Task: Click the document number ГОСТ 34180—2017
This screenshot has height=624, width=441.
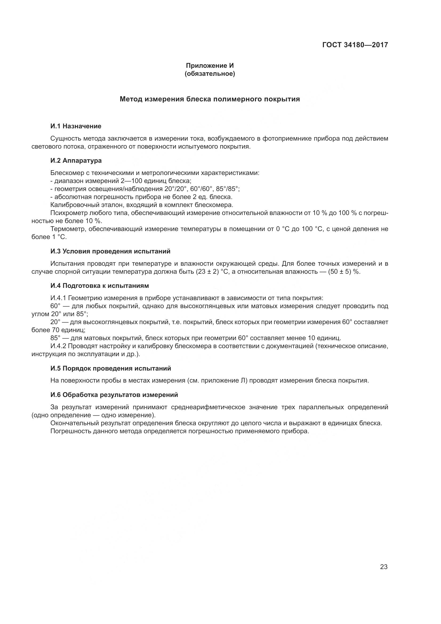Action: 355,45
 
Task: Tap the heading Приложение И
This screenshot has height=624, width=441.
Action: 210,66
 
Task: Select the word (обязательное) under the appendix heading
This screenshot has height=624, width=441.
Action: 210,74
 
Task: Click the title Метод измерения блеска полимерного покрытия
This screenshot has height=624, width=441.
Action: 210,99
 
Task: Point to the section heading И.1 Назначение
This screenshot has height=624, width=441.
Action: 76,126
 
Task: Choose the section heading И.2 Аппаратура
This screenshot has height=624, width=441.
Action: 76,160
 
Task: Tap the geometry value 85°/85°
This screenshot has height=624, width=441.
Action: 227,189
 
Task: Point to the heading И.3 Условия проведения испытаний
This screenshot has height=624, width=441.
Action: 111,251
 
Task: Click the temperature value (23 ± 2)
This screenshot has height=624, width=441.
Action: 207,272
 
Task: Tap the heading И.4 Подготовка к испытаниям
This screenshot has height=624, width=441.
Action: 100,286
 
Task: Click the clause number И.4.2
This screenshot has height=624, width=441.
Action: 58,346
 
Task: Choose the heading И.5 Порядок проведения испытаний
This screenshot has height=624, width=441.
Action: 111,368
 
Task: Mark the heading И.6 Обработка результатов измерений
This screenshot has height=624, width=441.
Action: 114,395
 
